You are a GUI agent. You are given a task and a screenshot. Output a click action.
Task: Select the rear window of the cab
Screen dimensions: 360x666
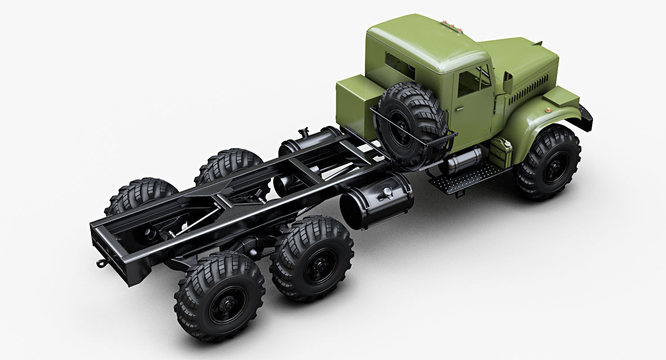coord(400,66)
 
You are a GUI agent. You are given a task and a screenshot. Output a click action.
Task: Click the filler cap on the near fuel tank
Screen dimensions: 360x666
coord(386,193)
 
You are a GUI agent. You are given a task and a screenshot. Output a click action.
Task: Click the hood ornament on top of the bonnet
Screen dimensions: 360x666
coord(538,43)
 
